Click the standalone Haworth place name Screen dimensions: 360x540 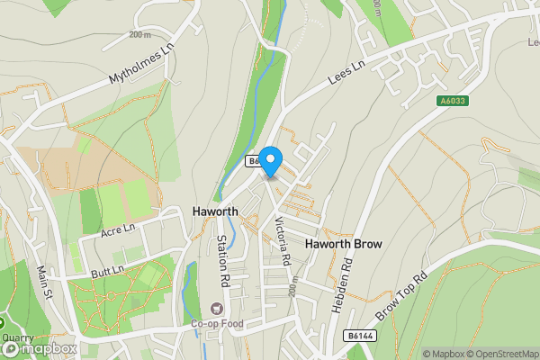[216, 211]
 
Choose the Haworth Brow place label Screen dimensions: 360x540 [345, 244]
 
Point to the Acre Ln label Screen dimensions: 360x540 [118, 231]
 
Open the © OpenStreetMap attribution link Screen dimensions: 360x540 [499, 354]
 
